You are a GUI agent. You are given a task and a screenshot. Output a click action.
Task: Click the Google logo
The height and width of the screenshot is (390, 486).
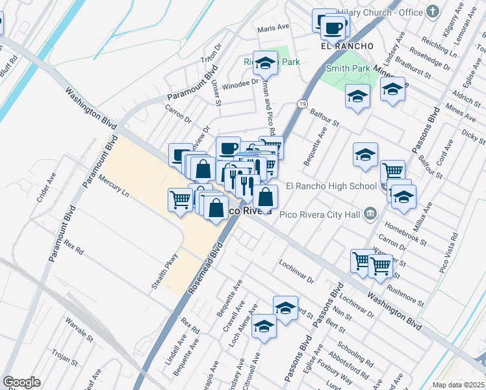[21, 382]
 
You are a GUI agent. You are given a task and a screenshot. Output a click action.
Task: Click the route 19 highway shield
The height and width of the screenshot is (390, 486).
[303, 103]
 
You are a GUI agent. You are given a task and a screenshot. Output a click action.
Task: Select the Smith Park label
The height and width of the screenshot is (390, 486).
[348, 68]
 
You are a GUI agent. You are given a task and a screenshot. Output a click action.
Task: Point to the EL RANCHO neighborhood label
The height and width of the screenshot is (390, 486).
[348, 46]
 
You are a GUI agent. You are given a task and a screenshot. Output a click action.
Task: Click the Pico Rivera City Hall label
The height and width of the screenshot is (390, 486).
[320, 213]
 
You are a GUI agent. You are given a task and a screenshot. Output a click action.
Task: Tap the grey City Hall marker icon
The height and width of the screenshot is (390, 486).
[370, 213]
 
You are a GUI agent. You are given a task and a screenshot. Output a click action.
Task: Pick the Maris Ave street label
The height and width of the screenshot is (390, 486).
[273, 29]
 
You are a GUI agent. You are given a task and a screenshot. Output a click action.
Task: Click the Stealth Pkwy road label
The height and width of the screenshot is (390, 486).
[167, 268]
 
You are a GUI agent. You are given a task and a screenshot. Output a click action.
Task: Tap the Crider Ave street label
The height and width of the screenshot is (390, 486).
[47, 187]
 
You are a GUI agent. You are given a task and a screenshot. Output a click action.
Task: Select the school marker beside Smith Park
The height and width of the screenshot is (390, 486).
[357, 97]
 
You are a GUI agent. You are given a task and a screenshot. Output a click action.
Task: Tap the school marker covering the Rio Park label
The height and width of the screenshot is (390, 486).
[264, 63]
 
